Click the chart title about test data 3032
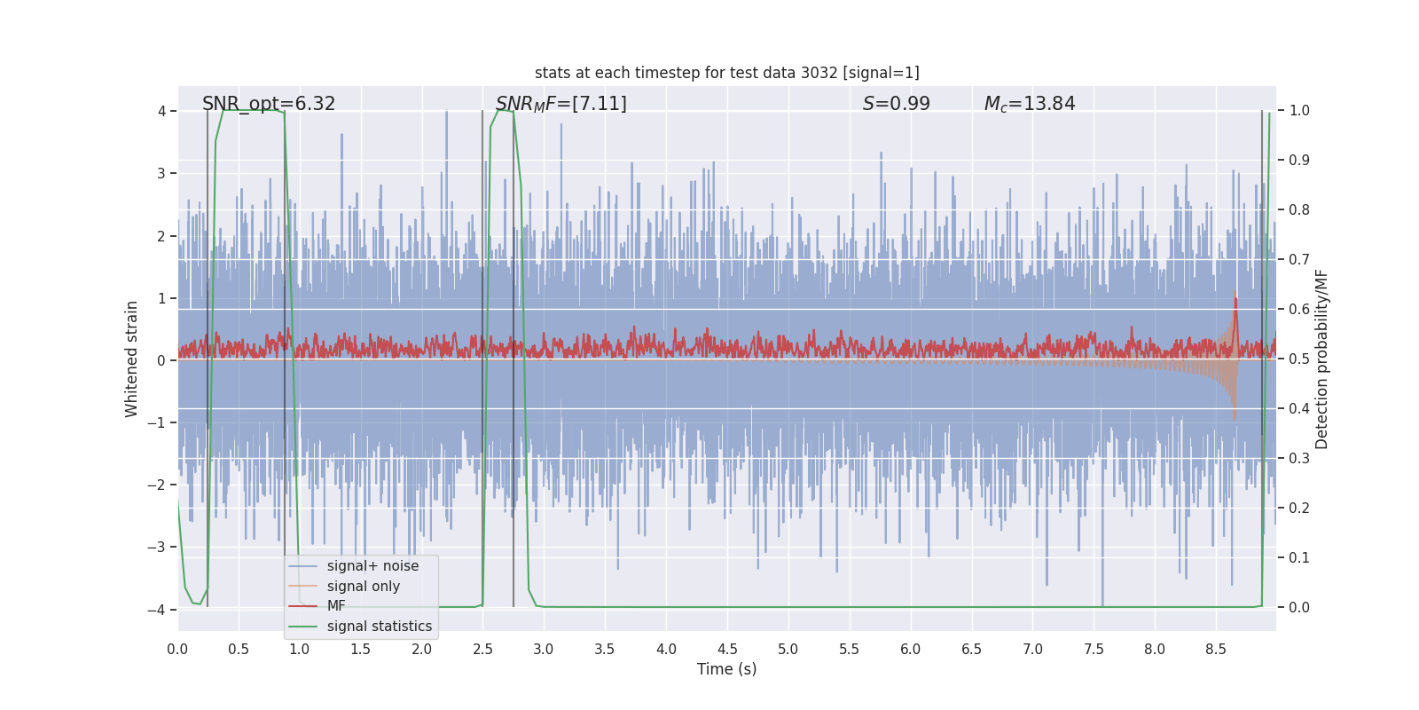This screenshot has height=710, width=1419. coord(726,73)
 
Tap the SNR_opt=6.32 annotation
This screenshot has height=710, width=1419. coord(269,104)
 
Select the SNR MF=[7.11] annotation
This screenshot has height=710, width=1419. coord(561,104)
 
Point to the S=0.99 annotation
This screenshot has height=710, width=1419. coord(896,104)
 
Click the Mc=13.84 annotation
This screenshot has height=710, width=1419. coord(1029,104)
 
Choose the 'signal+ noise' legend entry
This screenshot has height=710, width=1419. coord(372,566)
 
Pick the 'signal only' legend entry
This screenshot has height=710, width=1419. coord(363,587)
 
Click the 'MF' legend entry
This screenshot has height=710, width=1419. coord(336,606)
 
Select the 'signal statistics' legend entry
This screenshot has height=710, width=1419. coord(379,627)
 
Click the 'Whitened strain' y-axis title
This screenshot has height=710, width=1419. coord(132,359)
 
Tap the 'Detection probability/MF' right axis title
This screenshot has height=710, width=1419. coord(1321,359)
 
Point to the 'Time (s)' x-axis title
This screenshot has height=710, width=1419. coord(726,669)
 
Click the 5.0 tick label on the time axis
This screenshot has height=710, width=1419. coord(788,650)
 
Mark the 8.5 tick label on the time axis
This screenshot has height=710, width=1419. coord(1215,650)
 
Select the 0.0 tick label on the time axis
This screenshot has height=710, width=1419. coord(177,650)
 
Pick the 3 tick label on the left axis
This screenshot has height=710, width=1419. coord(161,173)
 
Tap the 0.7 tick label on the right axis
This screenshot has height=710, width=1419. coord(1298,260)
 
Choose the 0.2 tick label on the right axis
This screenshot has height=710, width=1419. coord(1298,509)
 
